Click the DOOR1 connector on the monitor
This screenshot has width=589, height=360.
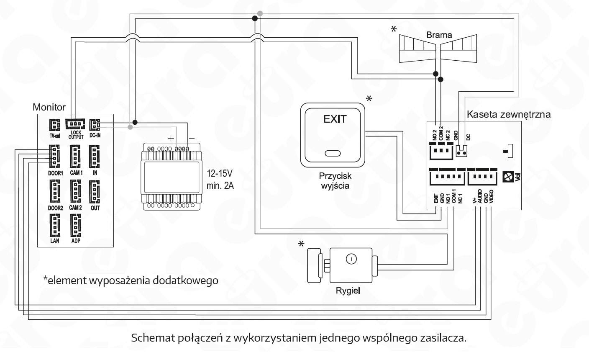pyautogui.click(x=54, y=156)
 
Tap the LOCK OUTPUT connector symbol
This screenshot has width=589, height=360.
pyautogui.click(x=75, y=123)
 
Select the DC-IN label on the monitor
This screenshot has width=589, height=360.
pyautogui.click(x=95, y=135)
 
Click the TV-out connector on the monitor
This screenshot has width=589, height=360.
pyautogui.click(x=55, y=125)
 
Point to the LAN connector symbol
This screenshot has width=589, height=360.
pyautogui.click(x=55, y=226)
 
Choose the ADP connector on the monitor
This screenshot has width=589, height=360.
pyautogui.click(x=76, y=226)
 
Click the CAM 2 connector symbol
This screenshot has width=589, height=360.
pyautogui.click(x=75, y=191)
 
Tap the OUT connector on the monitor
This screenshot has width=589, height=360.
pyautogui.click(x=95, y=192)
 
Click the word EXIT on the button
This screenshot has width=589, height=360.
pyautogui.click(x=335, y=119)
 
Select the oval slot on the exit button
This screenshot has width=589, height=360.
pyautogui.click(x=333, y=153)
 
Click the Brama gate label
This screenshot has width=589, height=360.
pyautogui.click(x=439, y=35)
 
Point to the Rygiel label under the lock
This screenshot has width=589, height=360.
pyautogui.click(x=348, y=291)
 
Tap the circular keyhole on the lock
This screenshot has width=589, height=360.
pyautogui.click(x=351, y=259)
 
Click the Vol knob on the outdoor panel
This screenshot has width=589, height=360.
pyautogui.click(x=508, y=177)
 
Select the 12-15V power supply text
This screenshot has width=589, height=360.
pyautogui.click(x=220, y=174)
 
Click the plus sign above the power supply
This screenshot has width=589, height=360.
pyautogui.click(x=171, y=139)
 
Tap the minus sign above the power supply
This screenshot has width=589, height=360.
pyautogui.click(x=192, y=139)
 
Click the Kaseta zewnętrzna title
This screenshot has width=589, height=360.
pyautogui.click(x=509, y=114)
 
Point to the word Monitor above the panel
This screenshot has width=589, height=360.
pyautogui.click(x=49, y=107)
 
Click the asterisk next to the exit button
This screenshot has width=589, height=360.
pyautogui.click(x=369, y=99)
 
